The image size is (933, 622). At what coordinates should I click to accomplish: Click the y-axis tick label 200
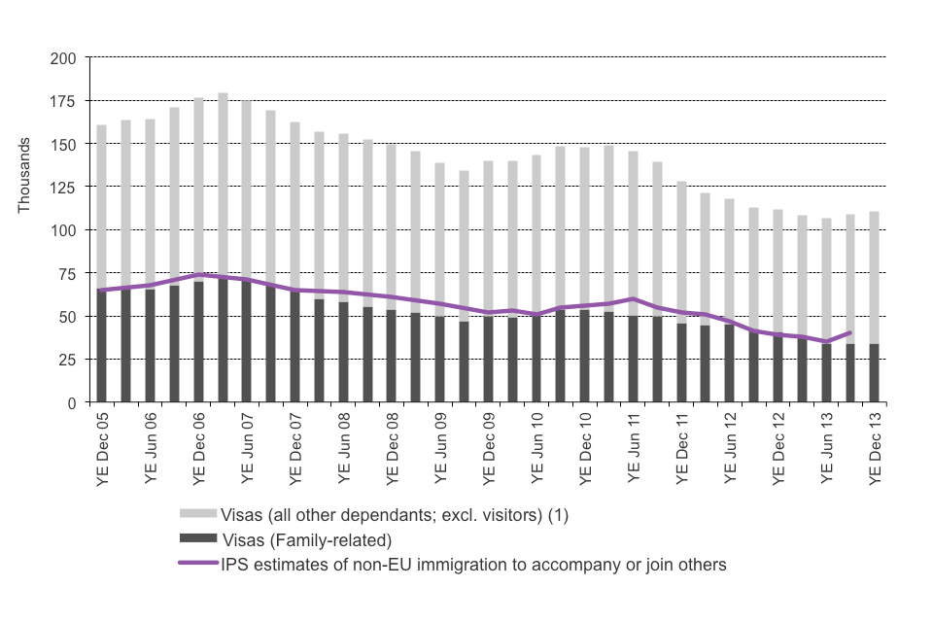coord(65,58)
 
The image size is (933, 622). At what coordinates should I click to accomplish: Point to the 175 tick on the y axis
coord(65,101)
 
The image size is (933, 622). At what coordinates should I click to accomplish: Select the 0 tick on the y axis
coord(73,402)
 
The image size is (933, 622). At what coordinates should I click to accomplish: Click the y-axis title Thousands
coord(24,176)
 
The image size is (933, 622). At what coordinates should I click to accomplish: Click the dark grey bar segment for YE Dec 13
coord(875,373)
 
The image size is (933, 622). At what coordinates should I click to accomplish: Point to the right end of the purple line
coord(850,332)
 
